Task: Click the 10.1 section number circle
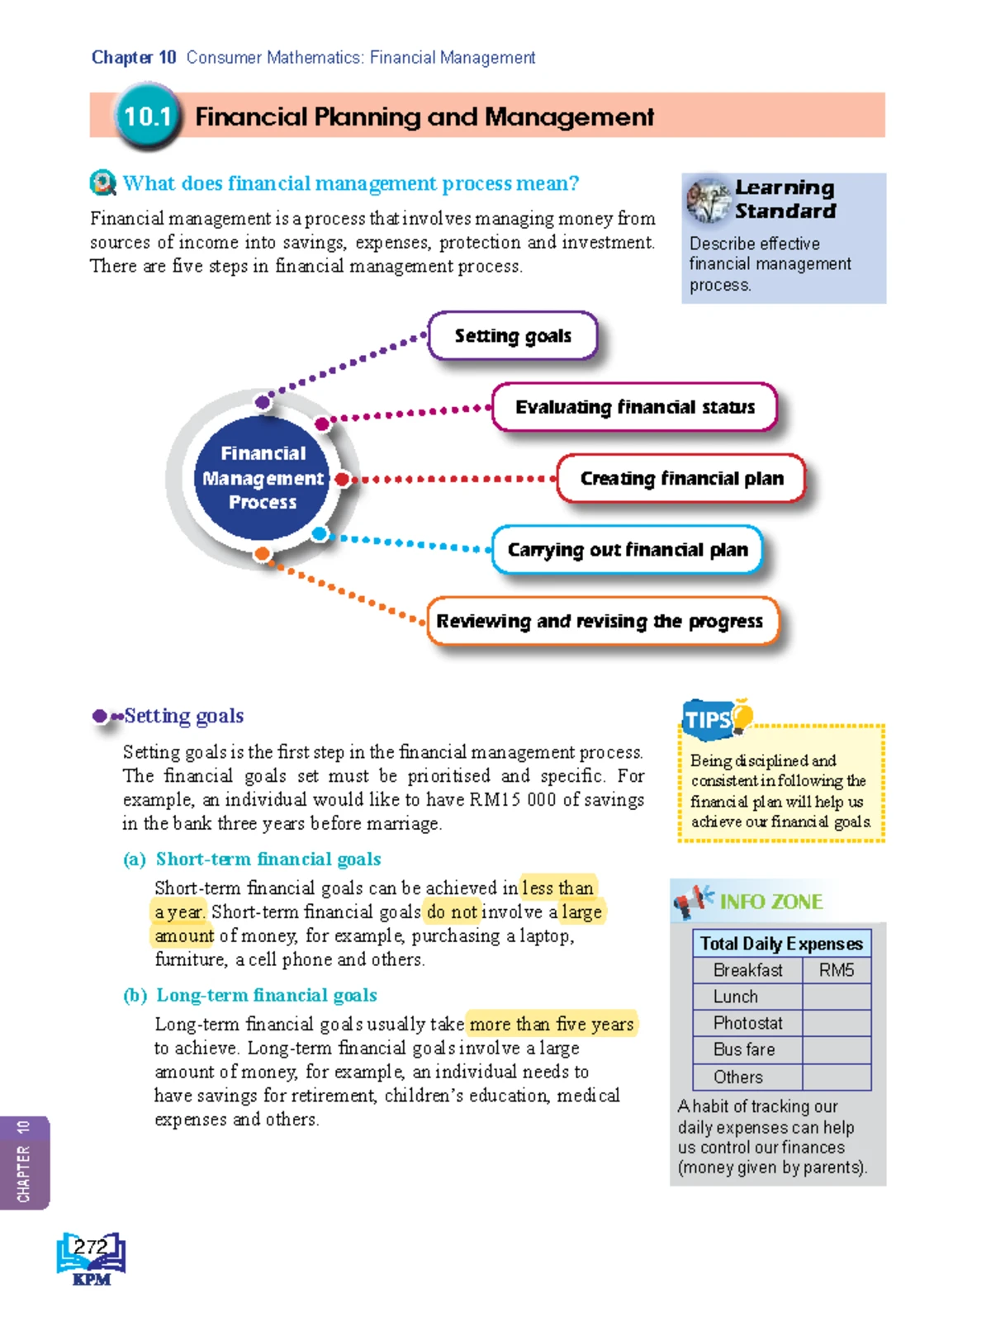pyautogui.click(x=147, y=116)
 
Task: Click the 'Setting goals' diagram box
pyautogui.click(x=512, y=336)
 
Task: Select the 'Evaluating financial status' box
pyautogui.click(x=634, y=407)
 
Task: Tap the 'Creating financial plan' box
pyautogui.click(x=681, y=479)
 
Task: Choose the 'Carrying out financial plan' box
pyautogui.click(x=627, y=550)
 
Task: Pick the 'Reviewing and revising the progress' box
pyautogui.click(x=602, y=621)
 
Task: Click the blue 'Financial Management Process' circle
pyautogui.click(x=263, y=478)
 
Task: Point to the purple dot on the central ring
pyautogui.click(x=263, y=402)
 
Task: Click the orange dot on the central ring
pyautogui.click(x=262, y=554)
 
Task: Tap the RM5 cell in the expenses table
pyautogui.click(x=836, y=970)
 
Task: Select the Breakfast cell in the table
pyautogui.click(x=747, y=970)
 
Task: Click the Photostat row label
pyautogui.click(x=747, y=1023)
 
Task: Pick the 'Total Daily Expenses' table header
pyautogui.click(x=781, y=943)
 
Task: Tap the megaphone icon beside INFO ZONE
pyautogui.click(x=692, y=900)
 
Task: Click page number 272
pyautogui.click(x=91, y=1247)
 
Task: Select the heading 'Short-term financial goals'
pyautogui.click(x=268, y=859)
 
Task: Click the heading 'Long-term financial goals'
pyautogui.click(x=267, y=996)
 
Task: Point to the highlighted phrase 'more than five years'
pyautogui.click(x=552, y=1025)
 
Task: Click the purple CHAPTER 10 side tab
pyautogui.click(x=24, y=1162)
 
